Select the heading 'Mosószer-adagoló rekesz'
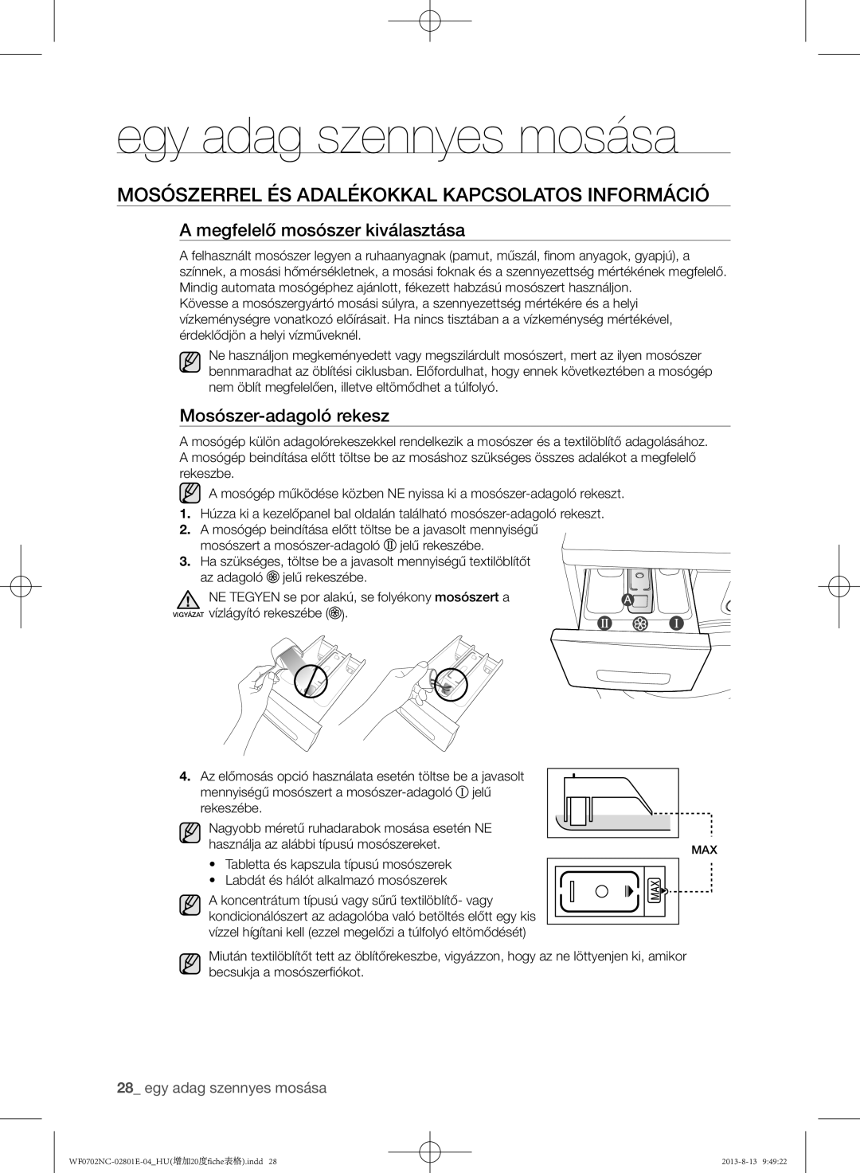[284, 415]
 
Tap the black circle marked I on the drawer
[674, 623]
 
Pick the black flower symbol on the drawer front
[639, 623]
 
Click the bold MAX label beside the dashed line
[704, 850]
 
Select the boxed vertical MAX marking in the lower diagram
[655, 890]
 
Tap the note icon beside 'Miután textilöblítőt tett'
[190, 964]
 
